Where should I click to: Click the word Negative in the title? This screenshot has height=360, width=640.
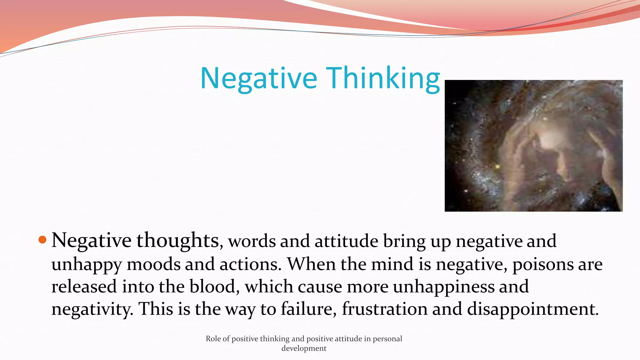[259, 78]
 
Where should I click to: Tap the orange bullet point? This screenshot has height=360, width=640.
[42, 240]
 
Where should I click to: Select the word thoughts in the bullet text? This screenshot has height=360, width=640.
[177, 241]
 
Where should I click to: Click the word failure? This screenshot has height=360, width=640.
[308, 309]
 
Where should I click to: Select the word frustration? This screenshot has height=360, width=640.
[385, 309]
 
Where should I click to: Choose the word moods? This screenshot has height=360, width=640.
[153, 264]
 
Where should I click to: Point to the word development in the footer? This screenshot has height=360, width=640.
[304, 348]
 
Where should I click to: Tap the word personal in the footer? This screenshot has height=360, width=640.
[387, 339]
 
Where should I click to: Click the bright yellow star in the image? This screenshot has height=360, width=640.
[497, 167]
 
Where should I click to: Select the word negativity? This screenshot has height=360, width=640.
[92, 309]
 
